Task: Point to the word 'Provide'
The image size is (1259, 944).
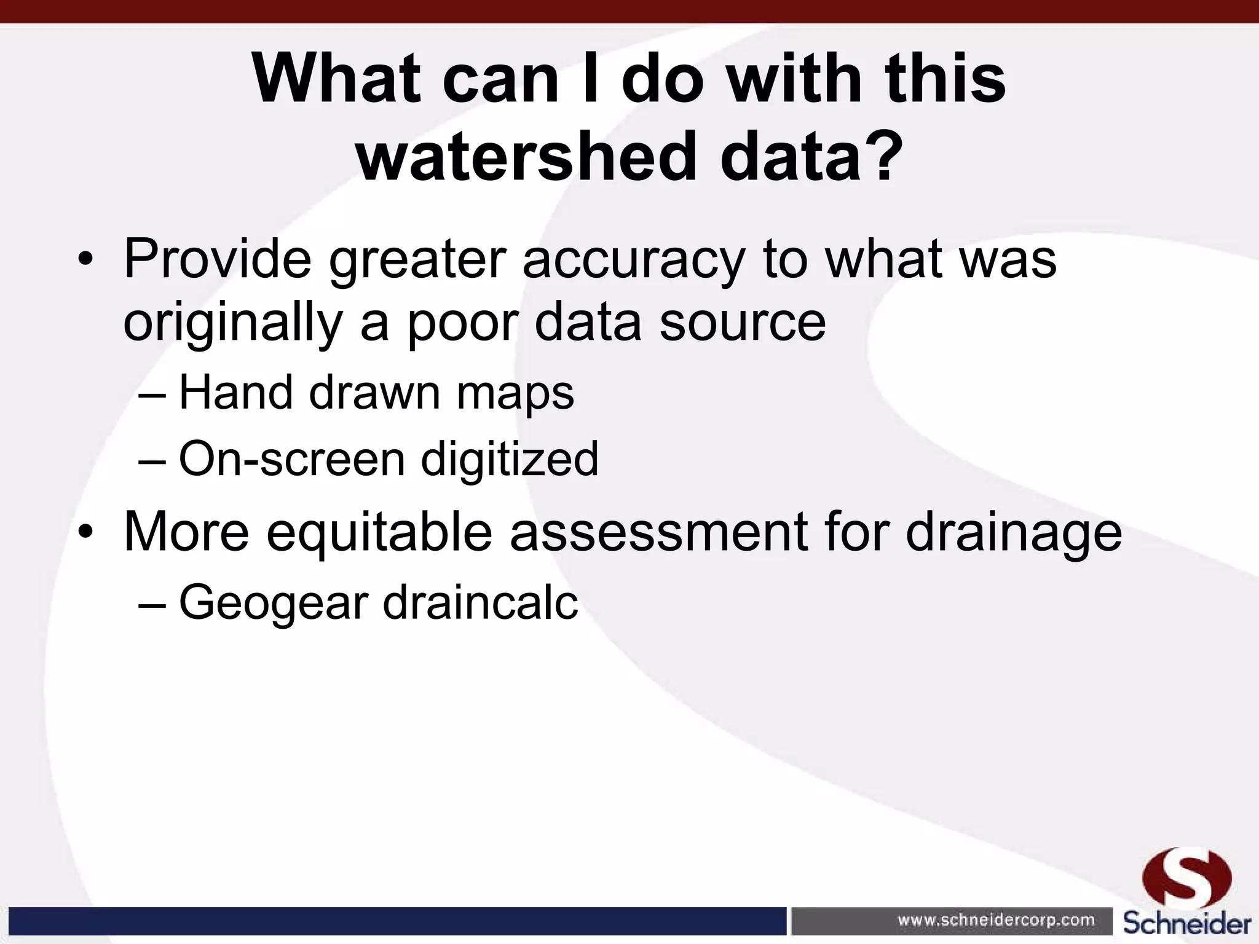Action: pos(218,259)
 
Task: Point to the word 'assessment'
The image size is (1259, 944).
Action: pos(658,532)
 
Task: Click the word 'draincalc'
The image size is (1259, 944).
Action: pos(480,602)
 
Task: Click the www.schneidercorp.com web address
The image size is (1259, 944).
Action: pos(996,921)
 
